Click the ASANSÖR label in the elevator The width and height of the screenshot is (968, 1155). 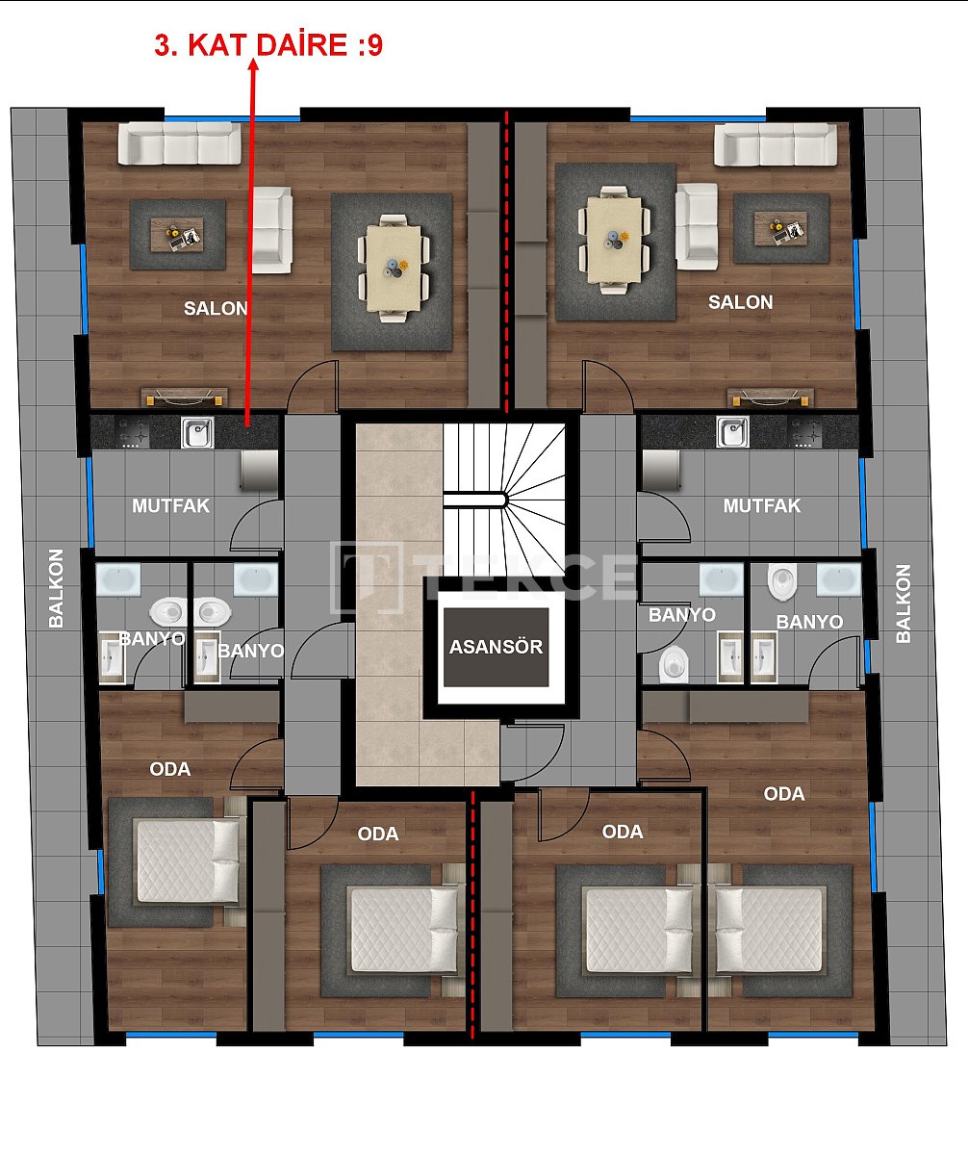click(x=496, y=647)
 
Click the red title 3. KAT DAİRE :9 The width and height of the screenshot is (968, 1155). click(x=268, y=45)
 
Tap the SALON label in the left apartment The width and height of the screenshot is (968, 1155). click(x=216, y=309)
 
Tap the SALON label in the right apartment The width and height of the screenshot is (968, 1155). click(x=740, y=302)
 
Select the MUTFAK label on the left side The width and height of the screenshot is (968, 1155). click(x=171, y=505)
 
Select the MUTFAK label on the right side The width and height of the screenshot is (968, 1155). click(x=761, y=505)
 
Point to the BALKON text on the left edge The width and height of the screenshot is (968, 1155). click(x=56, y=588)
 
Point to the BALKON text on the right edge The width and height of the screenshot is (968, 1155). click(x=903, y=603)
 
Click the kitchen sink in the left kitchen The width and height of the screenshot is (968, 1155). click(x=198, y=433)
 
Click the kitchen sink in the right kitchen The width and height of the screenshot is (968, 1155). click(x=732, y=432)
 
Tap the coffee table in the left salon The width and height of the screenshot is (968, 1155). click(x=178, y=234)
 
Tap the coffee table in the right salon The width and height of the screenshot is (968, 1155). click(x=780, y=229)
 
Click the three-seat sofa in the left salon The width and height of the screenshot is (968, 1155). click(x=179, y=142)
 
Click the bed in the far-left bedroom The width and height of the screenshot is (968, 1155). click(x=188, y=860)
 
